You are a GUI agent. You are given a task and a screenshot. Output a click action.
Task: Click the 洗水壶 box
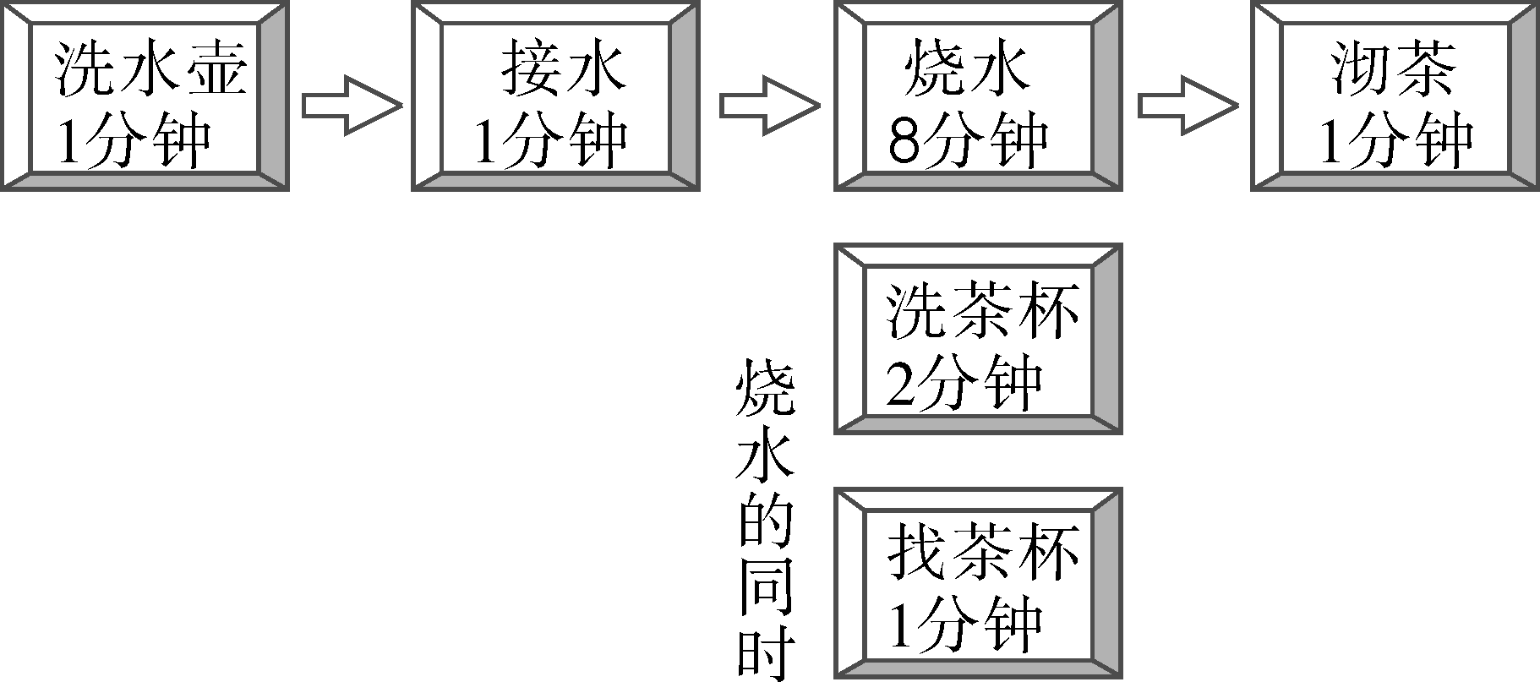coord(144,95)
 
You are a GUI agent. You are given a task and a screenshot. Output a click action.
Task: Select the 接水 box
coord(555,95)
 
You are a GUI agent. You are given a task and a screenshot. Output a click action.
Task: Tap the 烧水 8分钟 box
coord(978,95)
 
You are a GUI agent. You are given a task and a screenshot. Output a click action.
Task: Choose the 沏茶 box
coord(1395,95)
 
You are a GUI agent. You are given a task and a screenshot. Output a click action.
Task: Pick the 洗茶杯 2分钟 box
coord(978,339)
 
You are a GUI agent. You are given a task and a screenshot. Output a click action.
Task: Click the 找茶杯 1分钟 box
coord(978,582)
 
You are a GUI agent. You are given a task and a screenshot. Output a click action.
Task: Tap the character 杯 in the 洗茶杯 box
coord(1048,311)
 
